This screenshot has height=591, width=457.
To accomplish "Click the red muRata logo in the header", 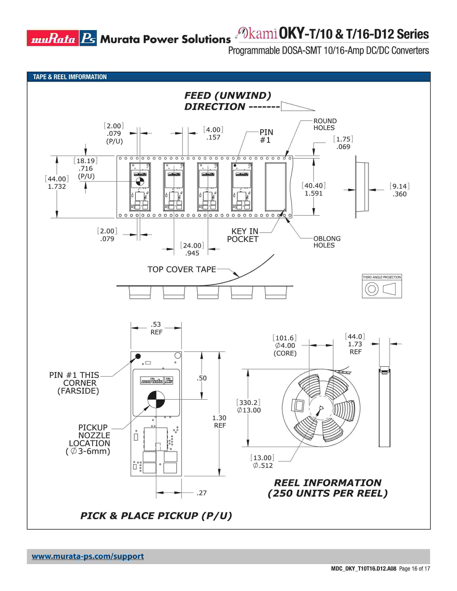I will (53, 38).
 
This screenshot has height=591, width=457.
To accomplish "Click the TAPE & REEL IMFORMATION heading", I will (70, 77).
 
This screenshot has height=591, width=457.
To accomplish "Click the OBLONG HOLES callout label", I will (327, 242).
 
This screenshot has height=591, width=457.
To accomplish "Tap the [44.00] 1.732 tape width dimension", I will (57, 183).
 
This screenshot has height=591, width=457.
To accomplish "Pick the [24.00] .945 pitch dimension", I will (192, 249).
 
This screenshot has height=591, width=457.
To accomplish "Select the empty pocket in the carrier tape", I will (276, 187).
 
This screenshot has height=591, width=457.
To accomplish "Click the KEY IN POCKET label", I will (243, 235).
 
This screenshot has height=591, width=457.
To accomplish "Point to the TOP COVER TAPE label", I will (181, 270).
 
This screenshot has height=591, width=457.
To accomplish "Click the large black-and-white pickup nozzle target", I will (156, 399).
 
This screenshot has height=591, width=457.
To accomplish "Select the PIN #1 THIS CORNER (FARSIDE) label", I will (74, 383).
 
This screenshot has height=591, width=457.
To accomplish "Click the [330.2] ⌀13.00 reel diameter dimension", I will (249, 406).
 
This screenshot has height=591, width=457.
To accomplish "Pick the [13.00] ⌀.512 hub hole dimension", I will (262, 461).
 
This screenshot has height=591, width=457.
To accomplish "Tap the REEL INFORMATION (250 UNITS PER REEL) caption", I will (328, 488).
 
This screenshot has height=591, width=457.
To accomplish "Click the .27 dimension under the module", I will (201, 493).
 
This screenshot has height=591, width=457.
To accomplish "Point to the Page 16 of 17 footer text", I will (414, 569).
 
